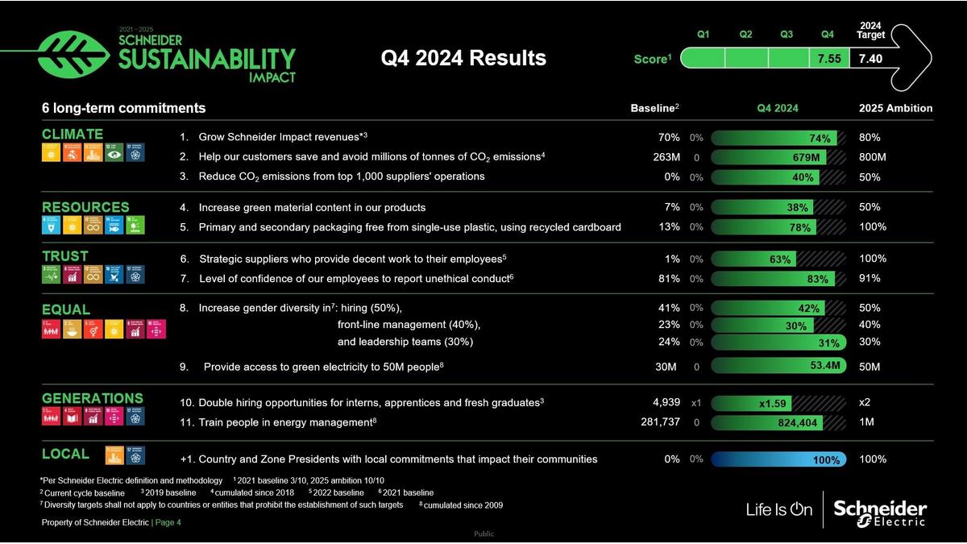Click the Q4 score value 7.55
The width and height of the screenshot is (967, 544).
tap(829, 59)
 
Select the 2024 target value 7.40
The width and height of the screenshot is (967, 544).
tap(871, 59)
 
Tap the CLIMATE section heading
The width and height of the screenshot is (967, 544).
tap(73, 134)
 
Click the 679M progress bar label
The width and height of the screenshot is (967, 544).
tap(806, 157)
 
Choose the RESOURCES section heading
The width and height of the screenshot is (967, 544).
tap(85, 207)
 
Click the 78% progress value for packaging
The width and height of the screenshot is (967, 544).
tap(800, 227)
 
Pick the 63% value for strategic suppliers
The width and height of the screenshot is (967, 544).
tap(780, 260)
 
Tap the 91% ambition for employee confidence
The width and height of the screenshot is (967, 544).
tap(869, 279)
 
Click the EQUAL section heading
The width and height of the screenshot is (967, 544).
tap(66, 309)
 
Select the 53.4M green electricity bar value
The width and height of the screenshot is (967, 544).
tap(825, 365)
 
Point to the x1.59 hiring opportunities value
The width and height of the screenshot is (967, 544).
tap(773, 403)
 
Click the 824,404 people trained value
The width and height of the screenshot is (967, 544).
tap(798, 422)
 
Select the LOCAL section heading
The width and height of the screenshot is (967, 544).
tap(65, 454)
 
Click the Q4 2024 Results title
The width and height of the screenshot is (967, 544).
tap(463, 58)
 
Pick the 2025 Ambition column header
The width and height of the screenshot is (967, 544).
tap(896, 108)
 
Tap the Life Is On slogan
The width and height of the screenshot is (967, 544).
tap(779, 509)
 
